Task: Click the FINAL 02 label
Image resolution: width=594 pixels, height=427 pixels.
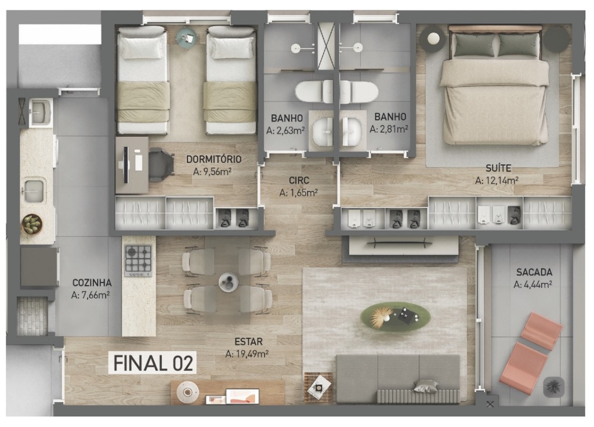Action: [x=153, y=363]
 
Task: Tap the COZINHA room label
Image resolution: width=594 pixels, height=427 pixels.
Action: [x=92, y=283]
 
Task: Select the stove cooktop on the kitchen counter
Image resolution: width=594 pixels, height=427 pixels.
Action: [x=138, y=260]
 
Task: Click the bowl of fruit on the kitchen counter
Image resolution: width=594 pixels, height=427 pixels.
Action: [x=32, y=224]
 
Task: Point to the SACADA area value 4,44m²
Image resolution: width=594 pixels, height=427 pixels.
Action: [x=533, y=284]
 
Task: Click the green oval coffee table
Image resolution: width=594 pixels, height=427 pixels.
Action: [x=395, y=317]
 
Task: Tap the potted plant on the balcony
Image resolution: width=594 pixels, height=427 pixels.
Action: [x=553, y=387]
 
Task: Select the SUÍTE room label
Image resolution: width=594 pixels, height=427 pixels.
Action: [x=498, y=168]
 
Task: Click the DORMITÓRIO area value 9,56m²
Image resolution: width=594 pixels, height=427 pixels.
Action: [x=212, y=172]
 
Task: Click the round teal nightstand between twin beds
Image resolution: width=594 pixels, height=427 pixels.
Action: [x=187, y=38]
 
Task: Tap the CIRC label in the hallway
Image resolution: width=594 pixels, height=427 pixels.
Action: [x=299, y=181]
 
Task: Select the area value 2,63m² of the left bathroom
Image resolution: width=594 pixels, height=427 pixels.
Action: [x=285, y=131]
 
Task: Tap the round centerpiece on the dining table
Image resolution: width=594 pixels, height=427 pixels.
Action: [x=229, y=282]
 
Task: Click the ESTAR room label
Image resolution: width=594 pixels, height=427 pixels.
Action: [x=248, y=342]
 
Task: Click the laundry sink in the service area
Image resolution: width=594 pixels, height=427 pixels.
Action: [x=40, y=112]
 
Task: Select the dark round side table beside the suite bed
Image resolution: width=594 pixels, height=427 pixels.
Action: [x=557, y=39]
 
